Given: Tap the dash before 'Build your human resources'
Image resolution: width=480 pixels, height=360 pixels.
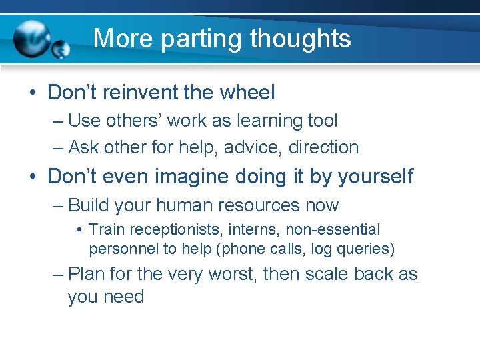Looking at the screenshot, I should tap(57, 205).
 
